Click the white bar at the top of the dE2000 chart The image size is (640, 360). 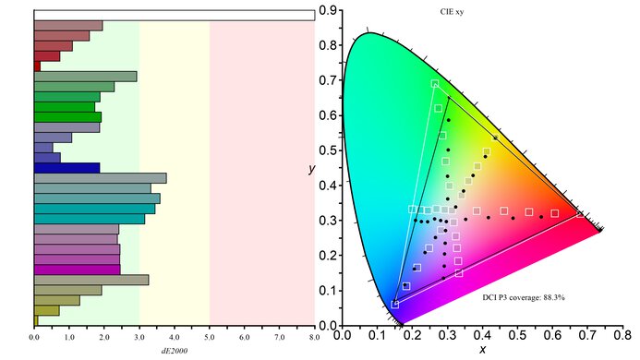[x=174, y=15]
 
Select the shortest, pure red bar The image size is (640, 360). [x=37, y=66]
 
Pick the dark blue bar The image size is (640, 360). [x=66, y=168]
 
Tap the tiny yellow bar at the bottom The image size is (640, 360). [x=36, y=320]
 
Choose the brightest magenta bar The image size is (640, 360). [x=77, y=270]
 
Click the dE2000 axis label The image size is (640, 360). [x=174, y=349]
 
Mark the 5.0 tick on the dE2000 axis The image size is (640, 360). [x=210, y=338]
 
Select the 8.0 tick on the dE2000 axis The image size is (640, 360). [x=315, y=338]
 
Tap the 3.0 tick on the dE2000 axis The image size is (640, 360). [x=139, y=338]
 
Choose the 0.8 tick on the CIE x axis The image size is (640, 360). [x=625, y=336]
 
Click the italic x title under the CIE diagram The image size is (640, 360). [x=482, y=350]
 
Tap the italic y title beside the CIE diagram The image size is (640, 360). [x=313, y=170]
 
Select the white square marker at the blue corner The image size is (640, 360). [x=395, y=304]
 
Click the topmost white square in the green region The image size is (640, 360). [x=435, y=84]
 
